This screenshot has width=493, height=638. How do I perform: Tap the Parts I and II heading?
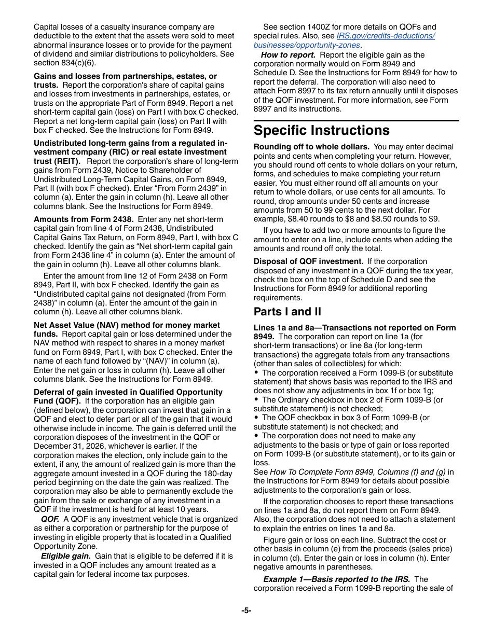pyautogui.click(x=287, y=312)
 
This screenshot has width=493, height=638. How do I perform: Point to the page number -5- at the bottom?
pyautogui.click(x=246, y=611)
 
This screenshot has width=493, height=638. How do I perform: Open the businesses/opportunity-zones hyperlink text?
pyautogui.click(x=306, y=45)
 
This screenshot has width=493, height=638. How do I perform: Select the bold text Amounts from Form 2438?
pyautogui.click(x=84, y=219)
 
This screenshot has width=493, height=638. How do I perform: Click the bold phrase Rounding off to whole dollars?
pyautogui.click(x=311, y=147)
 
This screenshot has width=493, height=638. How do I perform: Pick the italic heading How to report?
pyautogui.click(x=288, y=55)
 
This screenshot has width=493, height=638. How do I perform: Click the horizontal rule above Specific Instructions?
pyautogui.click(x=356, y=120)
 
